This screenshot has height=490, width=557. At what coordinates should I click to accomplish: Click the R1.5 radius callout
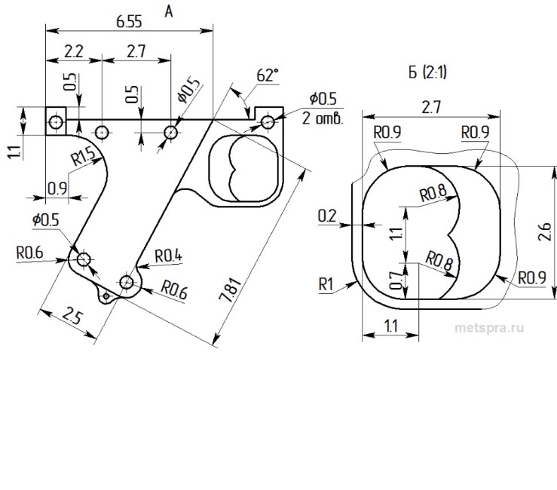84,158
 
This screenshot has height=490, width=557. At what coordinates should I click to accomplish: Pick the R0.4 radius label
168,256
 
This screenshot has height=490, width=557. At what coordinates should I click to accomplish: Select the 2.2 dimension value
73,51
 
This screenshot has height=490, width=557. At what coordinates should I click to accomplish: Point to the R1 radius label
326,283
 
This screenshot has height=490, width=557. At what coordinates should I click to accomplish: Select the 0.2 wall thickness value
326,216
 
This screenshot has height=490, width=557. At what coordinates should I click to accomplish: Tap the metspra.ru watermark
489,327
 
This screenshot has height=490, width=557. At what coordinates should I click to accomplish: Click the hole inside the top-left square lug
55,121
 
